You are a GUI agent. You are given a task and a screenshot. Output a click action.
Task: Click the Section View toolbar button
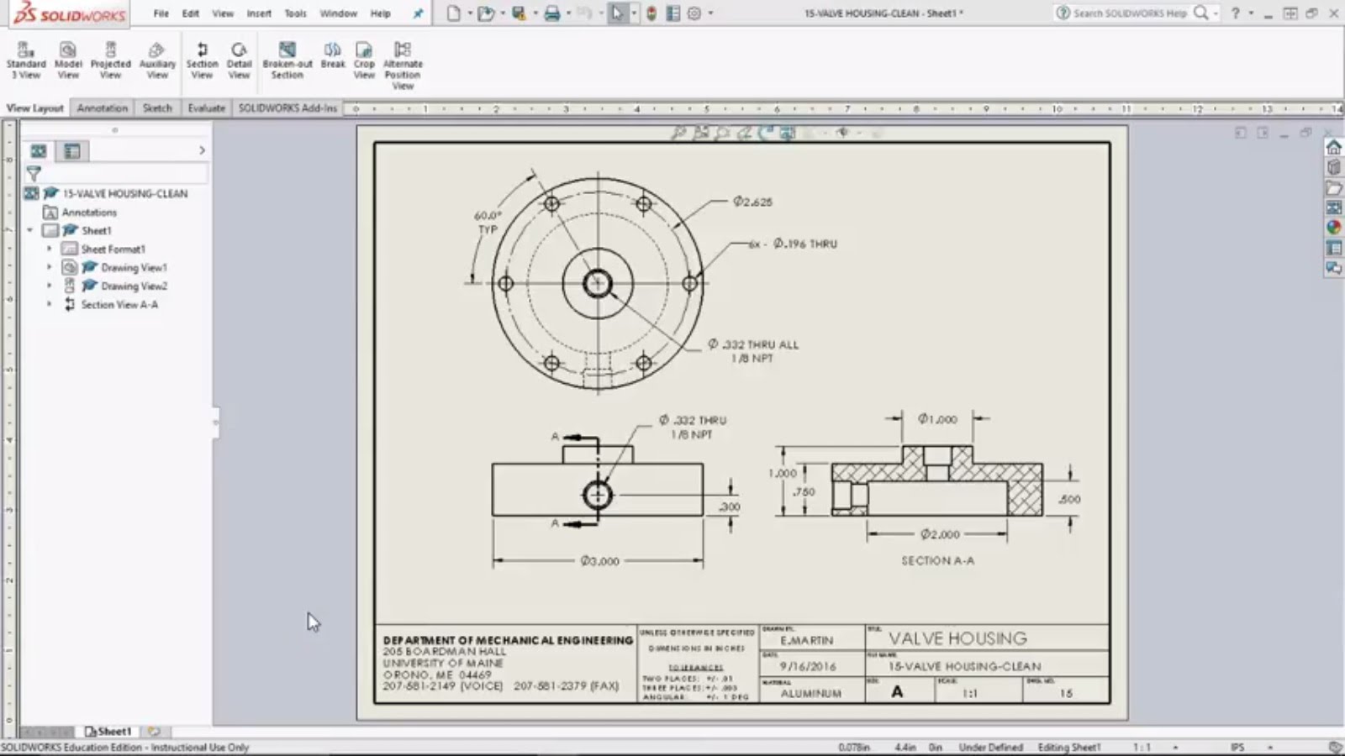click(202, 60)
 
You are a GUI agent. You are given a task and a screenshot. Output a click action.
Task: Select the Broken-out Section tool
click(287, 60)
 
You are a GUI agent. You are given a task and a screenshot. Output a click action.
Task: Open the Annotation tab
click(103, 108)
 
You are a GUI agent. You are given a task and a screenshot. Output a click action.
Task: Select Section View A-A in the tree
click(119, 305)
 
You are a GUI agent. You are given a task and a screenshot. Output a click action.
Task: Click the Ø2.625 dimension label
click(752, 202)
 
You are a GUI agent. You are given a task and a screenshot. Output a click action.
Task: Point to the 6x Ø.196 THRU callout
click(794, 244)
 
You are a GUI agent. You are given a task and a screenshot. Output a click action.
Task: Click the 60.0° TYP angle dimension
click(488, 222)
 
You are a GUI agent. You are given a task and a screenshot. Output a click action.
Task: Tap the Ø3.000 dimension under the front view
click(599, 561)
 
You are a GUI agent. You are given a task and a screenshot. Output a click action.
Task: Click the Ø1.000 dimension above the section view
click(937, 418)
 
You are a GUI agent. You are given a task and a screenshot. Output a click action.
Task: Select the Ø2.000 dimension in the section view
click(940, 534)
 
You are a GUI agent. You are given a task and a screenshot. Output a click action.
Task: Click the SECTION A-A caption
click(938, 561)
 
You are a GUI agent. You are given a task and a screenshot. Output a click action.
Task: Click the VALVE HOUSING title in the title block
click(957, 638)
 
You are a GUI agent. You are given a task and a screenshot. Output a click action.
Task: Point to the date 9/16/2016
click(808, 666)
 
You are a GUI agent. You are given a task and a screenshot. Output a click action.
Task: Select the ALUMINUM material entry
click(810, 694)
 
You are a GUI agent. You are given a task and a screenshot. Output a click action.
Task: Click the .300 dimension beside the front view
click(730, 507)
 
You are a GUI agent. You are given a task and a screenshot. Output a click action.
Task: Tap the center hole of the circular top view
click(598, 283)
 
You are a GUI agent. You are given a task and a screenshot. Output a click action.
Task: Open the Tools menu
click(295, 13)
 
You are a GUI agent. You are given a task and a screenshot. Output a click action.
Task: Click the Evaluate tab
click(206, 108)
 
